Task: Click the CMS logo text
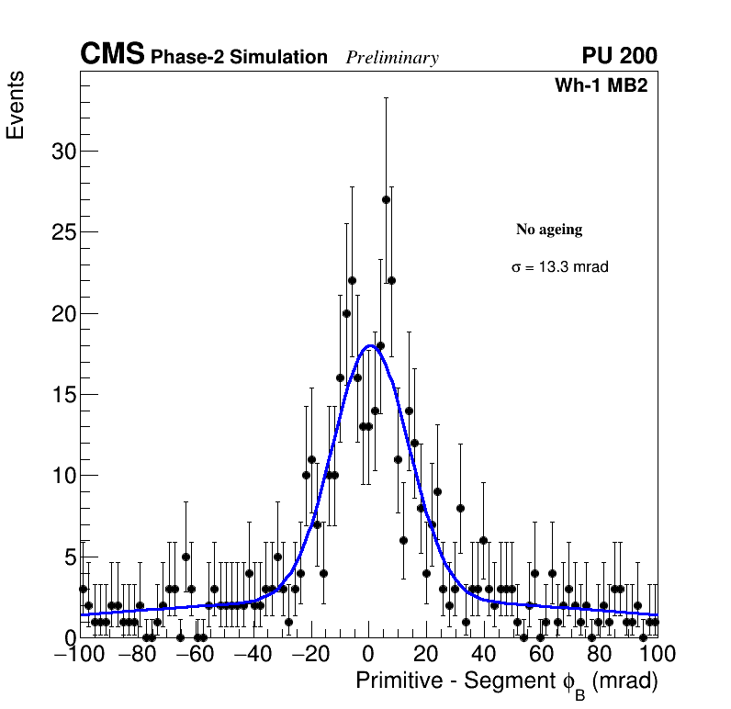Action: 112,55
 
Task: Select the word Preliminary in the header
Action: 392,58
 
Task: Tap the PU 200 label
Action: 619,56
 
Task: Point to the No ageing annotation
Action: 549,230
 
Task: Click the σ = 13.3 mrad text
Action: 560,267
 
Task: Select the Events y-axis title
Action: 16,105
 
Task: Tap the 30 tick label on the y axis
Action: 63,152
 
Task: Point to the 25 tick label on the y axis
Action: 63,232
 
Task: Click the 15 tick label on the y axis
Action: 63,395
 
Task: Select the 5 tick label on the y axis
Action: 70,557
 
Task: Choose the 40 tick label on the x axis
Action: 484,655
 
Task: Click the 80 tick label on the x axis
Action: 600,655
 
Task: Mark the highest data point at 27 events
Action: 386,199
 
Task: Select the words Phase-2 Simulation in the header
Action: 239,57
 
